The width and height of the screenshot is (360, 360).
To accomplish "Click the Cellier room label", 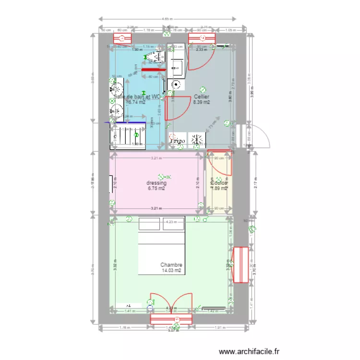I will click(x=202, y=96).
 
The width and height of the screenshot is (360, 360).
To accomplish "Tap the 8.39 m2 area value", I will click(x=202, y=102).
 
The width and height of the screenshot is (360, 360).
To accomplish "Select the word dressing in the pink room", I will click(x=156, y=183).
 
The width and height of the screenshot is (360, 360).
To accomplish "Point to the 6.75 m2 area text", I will click(x=156, y=189).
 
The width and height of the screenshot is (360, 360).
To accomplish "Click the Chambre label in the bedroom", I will click(x=171, y=265).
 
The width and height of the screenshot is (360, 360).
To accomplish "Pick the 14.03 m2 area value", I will click(x=171, y=271).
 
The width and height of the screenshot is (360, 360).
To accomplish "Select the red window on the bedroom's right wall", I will click(x=240, y=265).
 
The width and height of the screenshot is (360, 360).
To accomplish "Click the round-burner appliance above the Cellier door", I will click(x=176, y=85).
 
